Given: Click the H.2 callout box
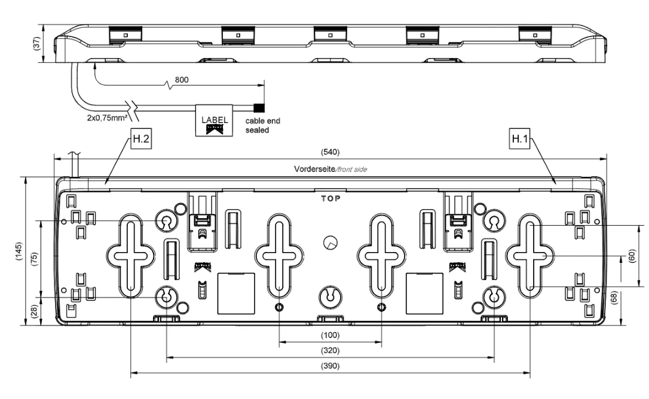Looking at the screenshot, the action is click(x=140, y=139).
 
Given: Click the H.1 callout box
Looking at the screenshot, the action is click(x=520, y=139).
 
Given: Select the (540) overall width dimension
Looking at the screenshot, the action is click(x=330, y=152).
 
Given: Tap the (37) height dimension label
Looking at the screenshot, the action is click(x=36, y=44).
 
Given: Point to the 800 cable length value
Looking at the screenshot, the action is click(x=182, y=79).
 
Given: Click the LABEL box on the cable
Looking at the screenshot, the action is click(x=214, y=120).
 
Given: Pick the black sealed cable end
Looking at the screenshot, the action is click(x=259, y=108).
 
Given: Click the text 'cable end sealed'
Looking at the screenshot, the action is click(x=263, y=125).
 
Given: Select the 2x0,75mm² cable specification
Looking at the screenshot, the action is click(x=107, y=118).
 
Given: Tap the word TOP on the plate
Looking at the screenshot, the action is click(x=330, y=199).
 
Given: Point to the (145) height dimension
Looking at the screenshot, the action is click(x=19, y=251).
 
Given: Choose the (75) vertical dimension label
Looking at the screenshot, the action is click(x=34, y=259).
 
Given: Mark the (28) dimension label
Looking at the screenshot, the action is click(x=34, y=311).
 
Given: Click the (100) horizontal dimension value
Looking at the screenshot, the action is click(x=330, y=335).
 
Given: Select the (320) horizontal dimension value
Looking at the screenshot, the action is click(x=330, y=351).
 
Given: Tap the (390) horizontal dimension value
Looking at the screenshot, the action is click(x=330, y=366).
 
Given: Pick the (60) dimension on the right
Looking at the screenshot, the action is click(x=632, y=256).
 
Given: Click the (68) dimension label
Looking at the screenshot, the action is click(x=614, y=297).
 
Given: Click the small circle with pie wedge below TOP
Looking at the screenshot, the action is click(x=330, y=243).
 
